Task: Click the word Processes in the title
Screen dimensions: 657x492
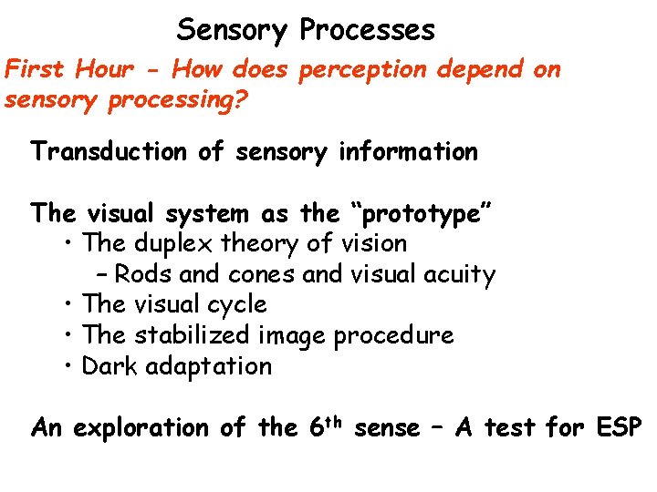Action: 368,30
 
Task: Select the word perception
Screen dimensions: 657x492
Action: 352,69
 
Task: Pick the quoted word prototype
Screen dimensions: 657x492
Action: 421,215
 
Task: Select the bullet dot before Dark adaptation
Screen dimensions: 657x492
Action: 70,366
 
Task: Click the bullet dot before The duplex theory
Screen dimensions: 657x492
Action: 70,244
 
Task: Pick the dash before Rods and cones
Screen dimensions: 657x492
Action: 101,274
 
